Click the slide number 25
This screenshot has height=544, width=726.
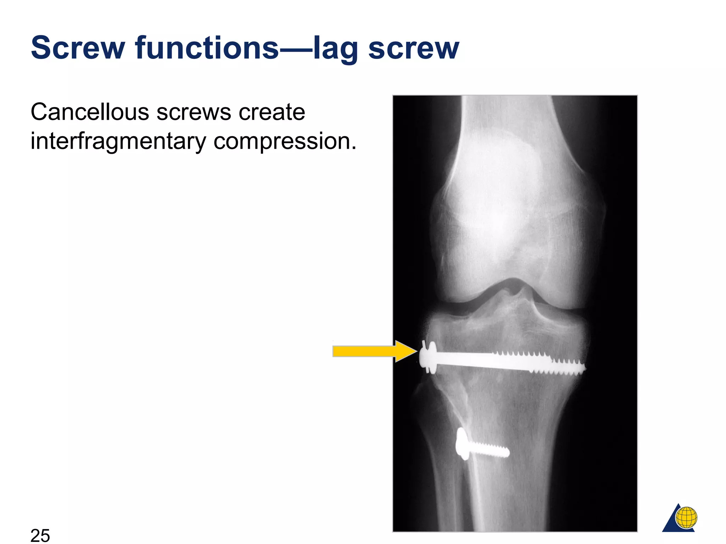[x=40, y=535]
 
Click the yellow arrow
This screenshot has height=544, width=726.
[x=374, y=351]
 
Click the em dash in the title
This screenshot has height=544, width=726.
[x=296, y=49]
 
